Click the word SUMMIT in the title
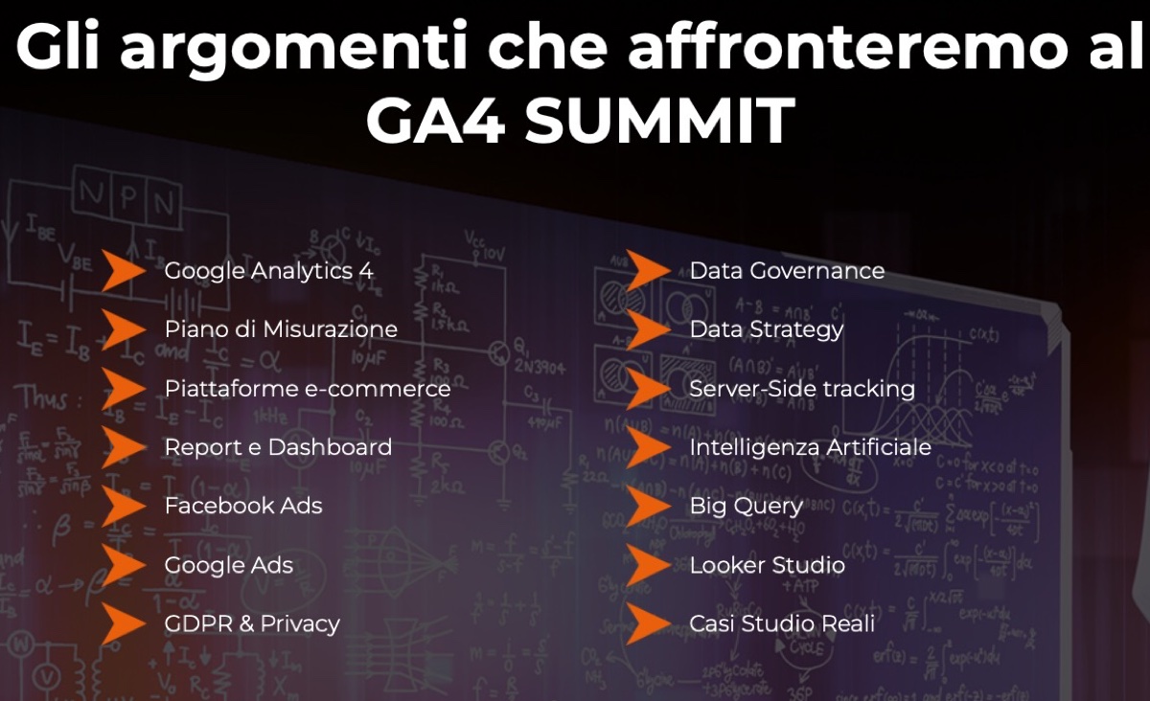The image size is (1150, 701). [x=659, y=121]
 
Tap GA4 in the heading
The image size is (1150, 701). [x=435, y=121]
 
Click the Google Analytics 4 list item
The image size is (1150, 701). [x=268, y=271]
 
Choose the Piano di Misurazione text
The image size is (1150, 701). [x=281, y=329]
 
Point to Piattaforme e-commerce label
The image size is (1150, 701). [x=307, y=389]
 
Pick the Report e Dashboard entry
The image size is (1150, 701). [x=278, y=447]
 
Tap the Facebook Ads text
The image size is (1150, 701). [x=243, y=506]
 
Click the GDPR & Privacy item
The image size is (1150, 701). [x=252, y=624]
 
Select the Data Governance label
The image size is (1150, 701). [x=787, y=271]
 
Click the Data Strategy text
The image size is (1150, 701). [x=767, y=329]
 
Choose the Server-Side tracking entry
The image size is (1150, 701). [x=802, y=389]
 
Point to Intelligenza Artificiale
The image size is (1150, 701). [x=810, y=447]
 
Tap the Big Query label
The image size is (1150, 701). [x=746, y=506]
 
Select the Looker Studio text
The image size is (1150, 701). [x=767, y=565]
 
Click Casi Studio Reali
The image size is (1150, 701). [x=782, y=624]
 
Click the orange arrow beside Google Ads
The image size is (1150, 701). [x=123, y=565]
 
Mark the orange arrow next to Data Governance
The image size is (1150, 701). [x=648, y=271]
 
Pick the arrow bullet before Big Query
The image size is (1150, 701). [x=648, y=506]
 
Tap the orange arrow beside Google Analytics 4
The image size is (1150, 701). [x=123, y=271]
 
